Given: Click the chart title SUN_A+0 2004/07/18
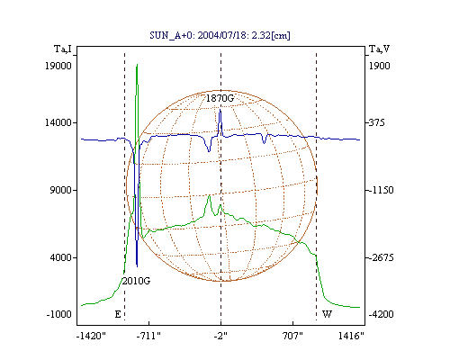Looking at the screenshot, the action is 220,35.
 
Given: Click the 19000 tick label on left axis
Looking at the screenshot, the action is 58,66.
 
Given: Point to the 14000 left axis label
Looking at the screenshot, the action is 58,122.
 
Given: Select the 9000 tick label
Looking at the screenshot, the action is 60,190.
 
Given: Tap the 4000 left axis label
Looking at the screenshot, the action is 60,257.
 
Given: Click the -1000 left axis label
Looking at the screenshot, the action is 59,314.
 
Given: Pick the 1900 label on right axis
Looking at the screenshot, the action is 379,66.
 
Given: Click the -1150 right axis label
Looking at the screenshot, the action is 381,190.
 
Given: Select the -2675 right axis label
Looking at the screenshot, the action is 381,257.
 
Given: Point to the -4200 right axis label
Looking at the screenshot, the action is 381,314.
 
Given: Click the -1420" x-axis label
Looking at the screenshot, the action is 91,336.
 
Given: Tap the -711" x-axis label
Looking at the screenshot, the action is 148,336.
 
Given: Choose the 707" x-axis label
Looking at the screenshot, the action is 292,336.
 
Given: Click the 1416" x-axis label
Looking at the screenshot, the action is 351,336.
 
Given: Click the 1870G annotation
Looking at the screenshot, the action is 220,98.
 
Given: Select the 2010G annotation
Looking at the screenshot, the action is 136,281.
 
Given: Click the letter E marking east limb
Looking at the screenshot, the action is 118,314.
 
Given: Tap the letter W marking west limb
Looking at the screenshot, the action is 327,314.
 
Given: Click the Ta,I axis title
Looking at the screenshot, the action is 63,49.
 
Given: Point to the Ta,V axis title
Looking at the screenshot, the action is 379,49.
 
